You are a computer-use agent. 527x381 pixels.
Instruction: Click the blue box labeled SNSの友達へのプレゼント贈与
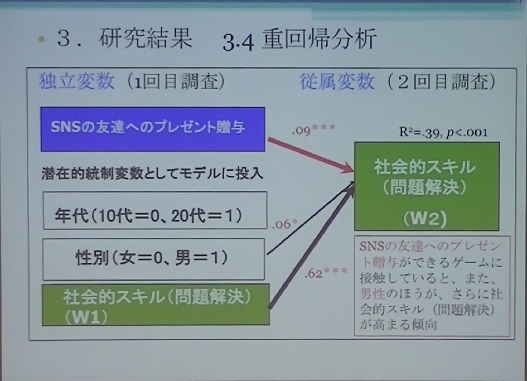pyautogui.click(x=153, y=129)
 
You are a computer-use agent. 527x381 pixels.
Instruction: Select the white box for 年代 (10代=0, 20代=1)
pyautogui.click(x=155, y=210)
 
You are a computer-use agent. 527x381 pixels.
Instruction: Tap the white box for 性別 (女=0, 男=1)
pyautogui.click(x=153, y=259)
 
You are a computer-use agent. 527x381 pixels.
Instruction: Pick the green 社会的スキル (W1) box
pyautogui.click(x=155, y=305)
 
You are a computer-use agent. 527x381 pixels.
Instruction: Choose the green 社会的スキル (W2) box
pyautogui.click(x=427, y=187)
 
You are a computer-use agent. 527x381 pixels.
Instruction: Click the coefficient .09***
pyautogui.click(x=314, y=129)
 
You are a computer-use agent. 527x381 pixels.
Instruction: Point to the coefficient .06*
pyautogui.click(x=285, y=223)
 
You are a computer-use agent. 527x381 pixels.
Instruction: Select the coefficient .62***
pyautogui.click(x=325, y=273)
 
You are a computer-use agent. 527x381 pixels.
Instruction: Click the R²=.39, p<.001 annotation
pyautogui.click(x=443, y=132)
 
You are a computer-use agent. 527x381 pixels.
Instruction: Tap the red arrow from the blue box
pyautogui.click(x=311, y=155)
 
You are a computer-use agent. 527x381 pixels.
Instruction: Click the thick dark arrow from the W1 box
pyautogui.click(x=312, y=247)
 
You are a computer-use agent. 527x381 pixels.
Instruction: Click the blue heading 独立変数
pyautogui.click(x=77, y=81)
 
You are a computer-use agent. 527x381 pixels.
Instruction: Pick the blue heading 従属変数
pyautogui.click(x=337, y=81)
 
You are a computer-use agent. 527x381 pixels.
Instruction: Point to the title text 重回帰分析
pyautogui.click(x=319, y=40)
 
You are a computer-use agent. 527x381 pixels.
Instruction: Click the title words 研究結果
pyautogui.click(x=146, y=38)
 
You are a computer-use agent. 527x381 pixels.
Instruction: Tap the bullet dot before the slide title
pyautogui.click(x=42, y=40)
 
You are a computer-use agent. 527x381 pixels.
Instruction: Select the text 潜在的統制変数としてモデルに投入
pyautogui.click(x=152, y=173)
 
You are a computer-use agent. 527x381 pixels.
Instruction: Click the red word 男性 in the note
pyautogui.click(x=372, y=293)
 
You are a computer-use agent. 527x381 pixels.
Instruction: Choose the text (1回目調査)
pyautogui.click(x=176, y=82)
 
